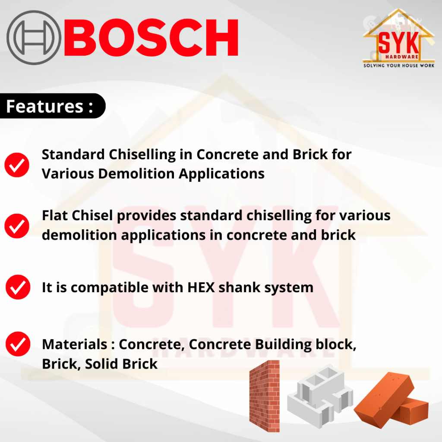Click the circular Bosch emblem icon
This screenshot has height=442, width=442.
coord(34,38)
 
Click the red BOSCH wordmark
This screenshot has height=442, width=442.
coord(152,38)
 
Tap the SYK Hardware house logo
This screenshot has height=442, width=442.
coord(398,38)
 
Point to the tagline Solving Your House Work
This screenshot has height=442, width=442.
coord(398,66)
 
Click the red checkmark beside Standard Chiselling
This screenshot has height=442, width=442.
coord(17,165)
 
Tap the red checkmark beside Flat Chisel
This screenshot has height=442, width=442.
coord(17,226)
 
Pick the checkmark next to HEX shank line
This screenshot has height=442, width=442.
coord(18,287)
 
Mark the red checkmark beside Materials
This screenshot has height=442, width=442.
coord(18,344)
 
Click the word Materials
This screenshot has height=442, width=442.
coord(75,344)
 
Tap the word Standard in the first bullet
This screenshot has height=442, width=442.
coord(73,155)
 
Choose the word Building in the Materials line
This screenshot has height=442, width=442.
coord(283,345)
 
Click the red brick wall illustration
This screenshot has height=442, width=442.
coord(265,396)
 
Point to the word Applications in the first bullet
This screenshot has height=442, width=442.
coord(221,174)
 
